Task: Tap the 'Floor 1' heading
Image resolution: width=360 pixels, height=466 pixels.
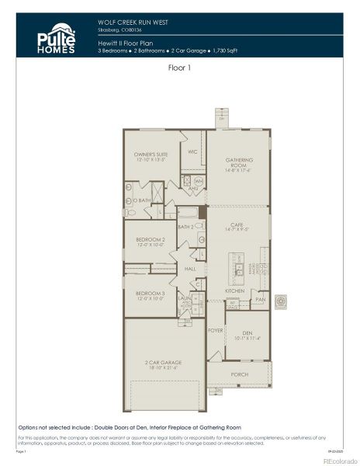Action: [x=180, y=68]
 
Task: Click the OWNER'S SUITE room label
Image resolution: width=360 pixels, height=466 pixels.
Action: [x=151, y=156]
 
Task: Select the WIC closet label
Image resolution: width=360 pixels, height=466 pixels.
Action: [x=193, y=151]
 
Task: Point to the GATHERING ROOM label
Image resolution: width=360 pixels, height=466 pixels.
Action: [x=239, y=162]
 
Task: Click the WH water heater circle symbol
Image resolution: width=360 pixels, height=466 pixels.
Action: [x=198, y=180]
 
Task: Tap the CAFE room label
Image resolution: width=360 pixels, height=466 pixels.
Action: [x=238, y=224]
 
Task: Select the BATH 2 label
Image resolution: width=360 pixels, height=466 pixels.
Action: [x=185, y=227]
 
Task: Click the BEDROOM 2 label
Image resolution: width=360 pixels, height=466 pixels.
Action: [x=151, y=242]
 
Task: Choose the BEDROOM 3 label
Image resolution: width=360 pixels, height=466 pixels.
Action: [x=151, y=294]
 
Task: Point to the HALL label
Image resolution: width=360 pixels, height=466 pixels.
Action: [x=190, y=268]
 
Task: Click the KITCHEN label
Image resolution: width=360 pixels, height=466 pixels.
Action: [x=234, y=290]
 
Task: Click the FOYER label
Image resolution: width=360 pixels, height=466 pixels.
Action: [x=216, y=330]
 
